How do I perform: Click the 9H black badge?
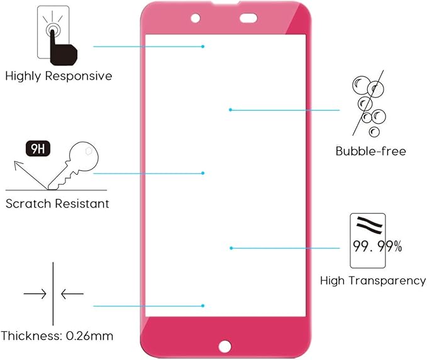coord(37,149)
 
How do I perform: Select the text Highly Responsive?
coord(58,76)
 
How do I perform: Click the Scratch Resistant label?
coord(57,204)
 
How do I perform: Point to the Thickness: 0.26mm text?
coord(57,335)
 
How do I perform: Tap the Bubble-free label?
coord(370,151)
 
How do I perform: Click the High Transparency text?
coord(373,281)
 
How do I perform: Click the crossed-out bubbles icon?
coord(370,105)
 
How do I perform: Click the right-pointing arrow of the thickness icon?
coord(35,293)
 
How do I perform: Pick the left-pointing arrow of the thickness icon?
coord(72,293)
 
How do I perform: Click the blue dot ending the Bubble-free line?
coord(231,110)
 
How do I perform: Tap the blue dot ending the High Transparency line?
coord(231,248)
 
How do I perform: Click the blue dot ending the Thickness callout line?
coord(203,306)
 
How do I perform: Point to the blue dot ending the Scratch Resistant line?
coord(203,173)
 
